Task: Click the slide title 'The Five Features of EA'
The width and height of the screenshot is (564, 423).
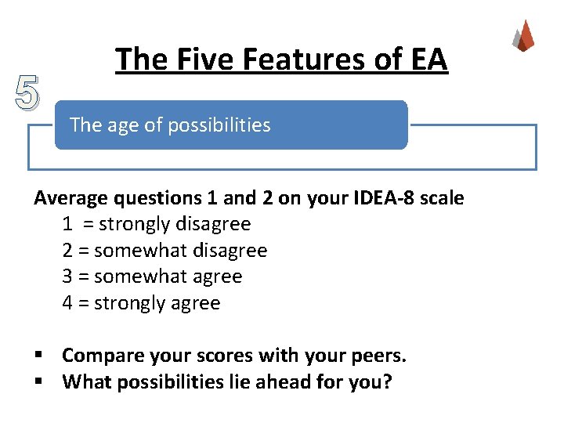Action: pos(281,59)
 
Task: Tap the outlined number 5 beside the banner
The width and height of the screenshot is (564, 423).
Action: pos(27,93)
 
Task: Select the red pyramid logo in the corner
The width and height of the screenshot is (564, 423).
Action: pos(523,35)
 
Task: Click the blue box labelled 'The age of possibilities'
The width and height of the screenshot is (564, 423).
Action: pos(231,125)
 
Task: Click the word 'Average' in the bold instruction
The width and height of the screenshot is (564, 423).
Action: pos(68,198)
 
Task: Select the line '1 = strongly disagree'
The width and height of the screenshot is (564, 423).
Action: pos(157,224)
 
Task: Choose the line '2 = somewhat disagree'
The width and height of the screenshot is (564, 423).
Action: pos(164,251)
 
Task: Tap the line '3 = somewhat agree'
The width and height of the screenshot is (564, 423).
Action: pos(152,277)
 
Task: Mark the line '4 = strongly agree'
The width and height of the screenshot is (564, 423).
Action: pos(141,303)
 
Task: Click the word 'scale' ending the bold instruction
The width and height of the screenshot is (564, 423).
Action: pos(442,198)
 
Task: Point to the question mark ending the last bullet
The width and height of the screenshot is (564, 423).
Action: pos(386,382)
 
